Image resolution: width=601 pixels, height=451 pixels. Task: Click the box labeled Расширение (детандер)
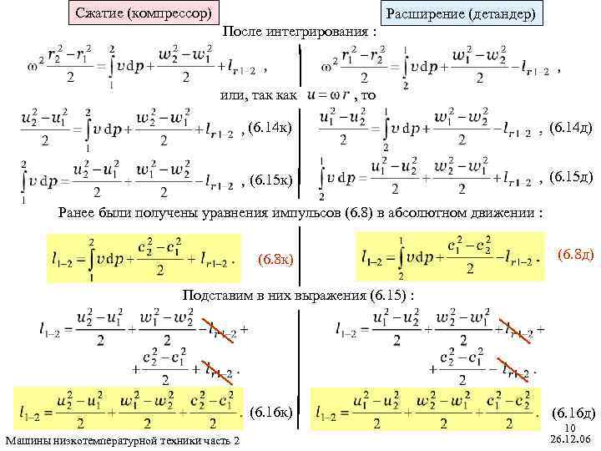click(x=461, y=15)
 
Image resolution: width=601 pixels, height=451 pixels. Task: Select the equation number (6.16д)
click(x=573, y=413)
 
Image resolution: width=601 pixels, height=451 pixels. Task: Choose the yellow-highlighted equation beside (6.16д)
click(x=423, y=411)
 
